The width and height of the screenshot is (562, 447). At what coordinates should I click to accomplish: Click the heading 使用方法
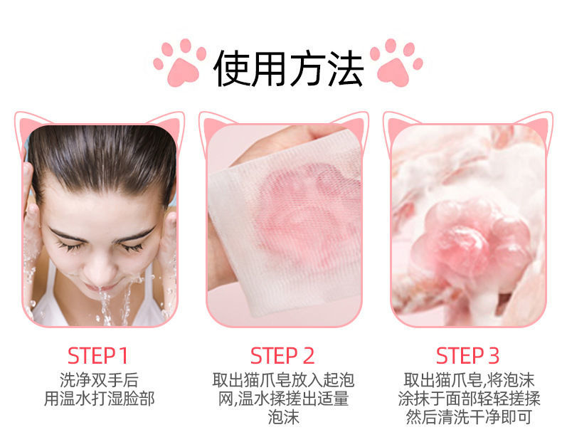tap(288, 68)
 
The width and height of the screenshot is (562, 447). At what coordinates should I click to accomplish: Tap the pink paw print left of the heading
tap(180, 63)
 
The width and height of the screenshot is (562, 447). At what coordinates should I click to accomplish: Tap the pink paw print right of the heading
tap(396, 63)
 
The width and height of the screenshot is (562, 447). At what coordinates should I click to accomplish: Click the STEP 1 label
tap(97, 356)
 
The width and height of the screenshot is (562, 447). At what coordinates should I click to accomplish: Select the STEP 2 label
tap(282, 356)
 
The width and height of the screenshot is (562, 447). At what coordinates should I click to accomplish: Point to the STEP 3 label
tap(467, 356)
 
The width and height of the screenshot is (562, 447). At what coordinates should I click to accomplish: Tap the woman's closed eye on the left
tap(68, 245)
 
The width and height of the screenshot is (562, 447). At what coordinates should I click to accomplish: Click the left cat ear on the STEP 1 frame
tap(29, 125)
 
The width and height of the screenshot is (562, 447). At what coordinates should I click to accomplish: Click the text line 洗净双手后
tap(99, 380)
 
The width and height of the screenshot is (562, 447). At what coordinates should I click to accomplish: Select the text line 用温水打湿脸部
tap(99, 399)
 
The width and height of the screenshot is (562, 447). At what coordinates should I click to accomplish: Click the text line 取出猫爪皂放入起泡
tap(283, 380)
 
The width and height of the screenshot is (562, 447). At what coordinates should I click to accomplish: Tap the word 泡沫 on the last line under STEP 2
tap(283, 418)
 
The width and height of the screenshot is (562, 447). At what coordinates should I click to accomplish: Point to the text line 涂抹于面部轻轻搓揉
tap(469, 399)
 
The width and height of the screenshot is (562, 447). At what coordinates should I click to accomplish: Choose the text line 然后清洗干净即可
tap(469, 418)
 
